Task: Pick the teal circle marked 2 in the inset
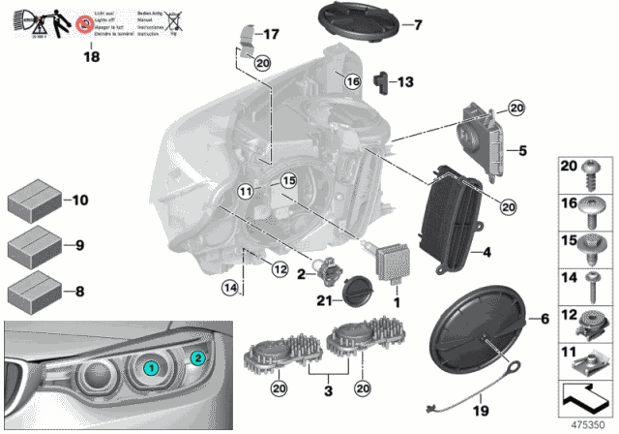pos(197,357)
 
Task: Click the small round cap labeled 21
pos(360,288)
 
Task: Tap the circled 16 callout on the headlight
pos(350,81)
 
